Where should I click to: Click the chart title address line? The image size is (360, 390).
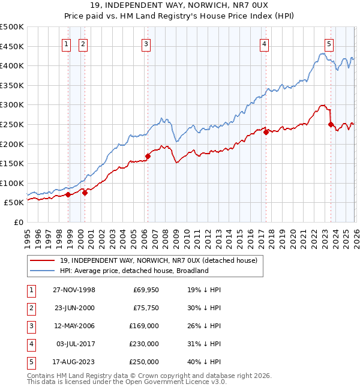pyautogui.click(x=180, y=6)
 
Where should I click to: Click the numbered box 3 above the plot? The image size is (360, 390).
pyautogui.click(x=146, y=43)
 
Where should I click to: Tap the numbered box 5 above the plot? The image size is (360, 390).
pyautogui.click(x=329, y=43)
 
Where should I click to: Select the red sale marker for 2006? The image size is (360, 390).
pyautogui.click(x=148, y=156)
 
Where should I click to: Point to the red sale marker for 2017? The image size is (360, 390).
pyautogui.click(x=265, y=133)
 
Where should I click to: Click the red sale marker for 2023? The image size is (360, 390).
pyautogui.click(x=331, y=124)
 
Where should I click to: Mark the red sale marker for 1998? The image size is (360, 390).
pyautogui.click(x=68, y=194)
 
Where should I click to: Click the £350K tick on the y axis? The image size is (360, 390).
pyautogui.click(x=12, y=85)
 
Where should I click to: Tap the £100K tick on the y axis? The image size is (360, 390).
pyautogui.click(x=12, y=183)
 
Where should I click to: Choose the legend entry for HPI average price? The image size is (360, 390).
pyautogui.click(x=134, y=271)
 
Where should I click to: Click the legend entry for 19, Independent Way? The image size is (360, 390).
pyautogui.click(x=158, y=260)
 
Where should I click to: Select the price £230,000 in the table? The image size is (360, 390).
pyautogui.click(x=144, y=344)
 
